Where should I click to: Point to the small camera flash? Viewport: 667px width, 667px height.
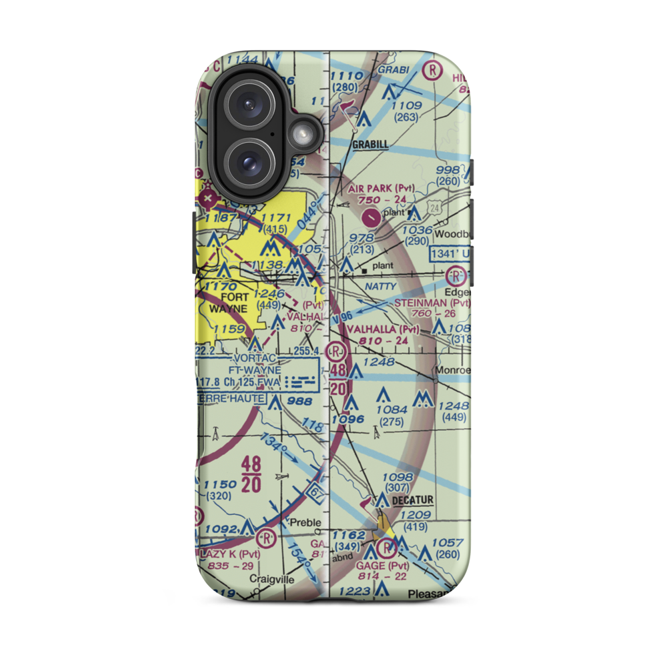tap(302, 135)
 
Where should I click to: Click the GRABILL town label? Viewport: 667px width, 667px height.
tap(370, 143)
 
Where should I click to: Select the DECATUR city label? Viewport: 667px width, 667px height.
tap(413, 500)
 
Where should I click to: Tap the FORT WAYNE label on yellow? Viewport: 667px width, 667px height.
tap(225, 302)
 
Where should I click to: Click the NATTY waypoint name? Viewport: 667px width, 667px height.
tap(381, 287)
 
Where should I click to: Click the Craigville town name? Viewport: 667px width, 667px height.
tap(271, 580)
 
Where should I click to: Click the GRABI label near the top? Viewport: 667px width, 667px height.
tap(392, 69)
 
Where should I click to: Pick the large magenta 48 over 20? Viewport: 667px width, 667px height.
tap(251, 473)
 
